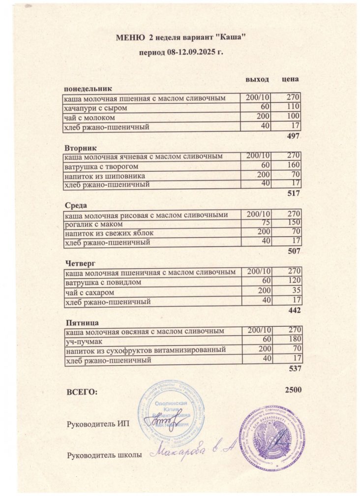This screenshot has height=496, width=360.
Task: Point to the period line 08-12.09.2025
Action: click(x=181, y=51)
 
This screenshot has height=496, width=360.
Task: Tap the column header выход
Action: click(x=257, y=79)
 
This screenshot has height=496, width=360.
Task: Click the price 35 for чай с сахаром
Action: click(x=295, y=291)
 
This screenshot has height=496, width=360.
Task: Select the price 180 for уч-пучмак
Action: click(x=293, y=340)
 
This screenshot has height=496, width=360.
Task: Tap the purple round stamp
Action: click(x=269, y=436)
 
